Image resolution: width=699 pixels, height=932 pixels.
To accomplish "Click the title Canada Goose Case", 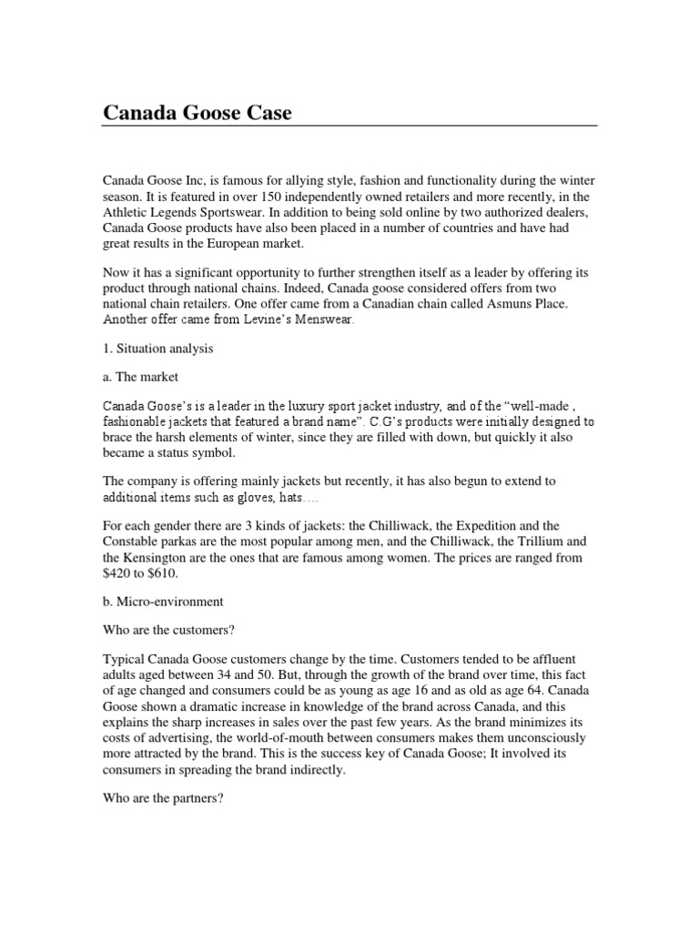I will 198,114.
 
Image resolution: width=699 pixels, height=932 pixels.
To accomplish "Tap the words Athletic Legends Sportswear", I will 187,214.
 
